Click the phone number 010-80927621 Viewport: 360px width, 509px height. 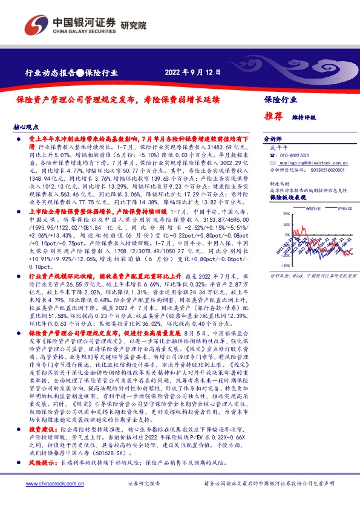pos(292,155)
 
